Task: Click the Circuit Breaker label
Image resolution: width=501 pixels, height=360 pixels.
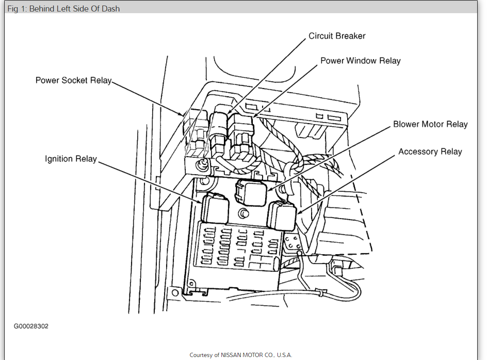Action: pos(337,36)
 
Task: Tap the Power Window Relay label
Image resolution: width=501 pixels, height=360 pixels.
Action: pos(360,61)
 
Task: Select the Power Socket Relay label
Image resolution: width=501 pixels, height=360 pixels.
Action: pos(74,80)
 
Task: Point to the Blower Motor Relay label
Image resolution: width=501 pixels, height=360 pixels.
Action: pos(430,125)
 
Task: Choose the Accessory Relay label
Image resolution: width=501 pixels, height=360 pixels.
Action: pos(430,152)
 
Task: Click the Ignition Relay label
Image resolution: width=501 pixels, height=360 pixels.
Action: pos(71,159)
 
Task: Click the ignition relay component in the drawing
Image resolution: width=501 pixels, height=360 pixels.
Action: pos(215,208)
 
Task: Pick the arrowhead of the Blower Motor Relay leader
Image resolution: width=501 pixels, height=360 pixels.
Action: pos(269,190)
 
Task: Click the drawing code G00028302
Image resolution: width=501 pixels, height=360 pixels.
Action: pos(31,326)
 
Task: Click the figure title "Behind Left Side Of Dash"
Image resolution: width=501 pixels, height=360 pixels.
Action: pos(74,9)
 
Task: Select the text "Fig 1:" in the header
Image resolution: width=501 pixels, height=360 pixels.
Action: pos(17,9)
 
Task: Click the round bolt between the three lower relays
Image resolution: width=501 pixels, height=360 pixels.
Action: pos(243,213)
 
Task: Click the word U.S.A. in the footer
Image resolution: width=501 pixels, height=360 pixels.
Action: pos(284,355)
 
